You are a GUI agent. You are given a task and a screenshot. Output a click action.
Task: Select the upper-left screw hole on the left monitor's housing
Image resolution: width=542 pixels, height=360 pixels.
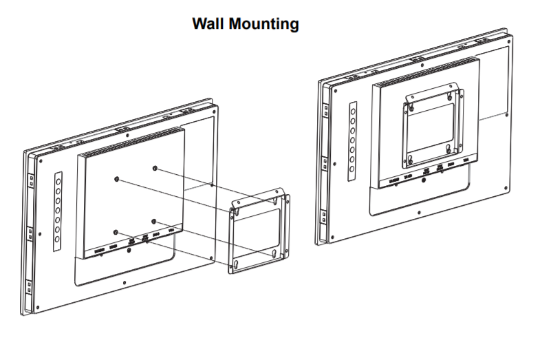pos(118,179)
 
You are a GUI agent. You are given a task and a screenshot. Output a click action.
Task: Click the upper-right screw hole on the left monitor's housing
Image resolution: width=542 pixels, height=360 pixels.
pos(155,168)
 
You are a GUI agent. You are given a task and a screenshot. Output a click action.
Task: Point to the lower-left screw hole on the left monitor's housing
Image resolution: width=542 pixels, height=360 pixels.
pos(116,231)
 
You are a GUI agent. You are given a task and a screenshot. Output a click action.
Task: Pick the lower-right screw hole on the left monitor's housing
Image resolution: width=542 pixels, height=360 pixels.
pos(155,221)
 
